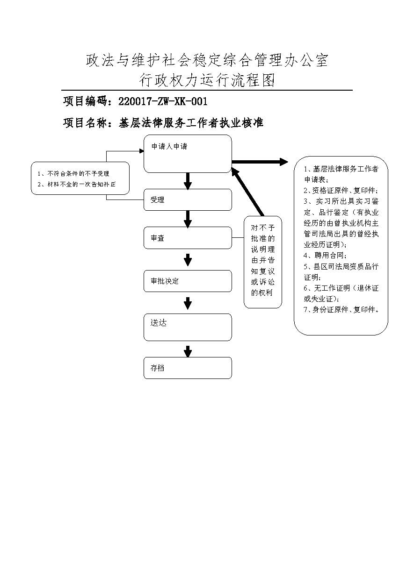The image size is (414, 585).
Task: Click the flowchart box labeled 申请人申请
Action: tap(188, 154)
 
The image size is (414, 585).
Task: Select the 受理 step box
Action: tap(188, 200)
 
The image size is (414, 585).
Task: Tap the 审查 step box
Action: tap(188, 238)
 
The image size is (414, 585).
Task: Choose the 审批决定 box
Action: tap(188, 281)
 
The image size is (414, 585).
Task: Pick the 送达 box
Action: tap(188, 327)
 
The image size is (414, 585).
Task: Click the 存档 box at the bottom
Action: tap(188, 368)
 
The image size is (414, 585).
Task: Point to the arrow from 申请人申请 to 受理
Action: tap(188, 181)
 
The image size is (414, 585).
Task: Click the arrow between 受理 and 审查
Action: tap(188, 219)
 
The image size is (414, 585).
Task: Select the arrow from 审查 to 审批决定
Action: tap(188, 259)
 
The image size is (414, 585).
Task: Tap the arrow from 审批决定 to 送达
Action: tap(188, 303)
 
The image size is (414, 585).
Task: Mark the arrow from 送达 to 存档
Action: tap(188, 351)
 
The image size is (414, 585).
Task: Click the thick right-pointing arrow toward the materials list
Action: tap(260, 162)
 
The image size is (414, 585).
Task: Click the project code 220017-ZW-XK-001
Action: tap(163, 101)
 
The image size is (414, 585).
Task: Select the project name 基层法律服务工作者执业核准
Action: tap(191, 123)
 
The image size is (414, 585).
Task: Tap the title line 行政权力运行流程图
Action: tap(207, 80)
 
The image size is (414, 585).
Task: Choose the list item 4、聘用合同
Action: tap(325, 255)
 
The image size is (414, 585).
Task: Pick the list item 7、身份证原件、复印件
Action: tap(341, 310)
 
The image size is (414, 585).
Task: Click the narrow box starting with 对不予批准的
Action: tap(263, 262)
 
